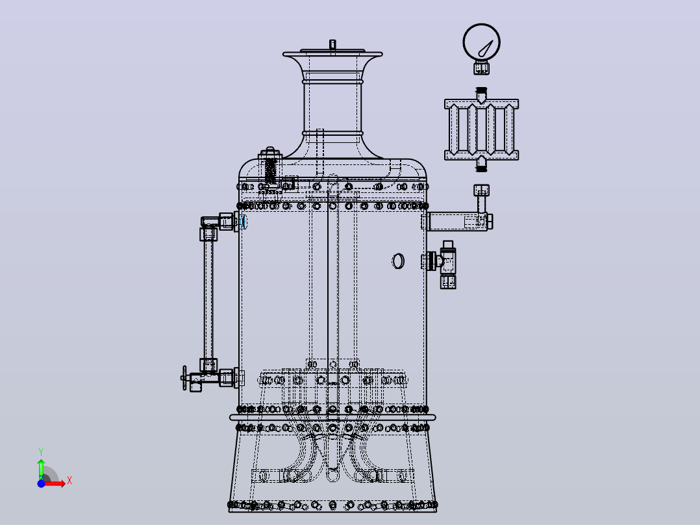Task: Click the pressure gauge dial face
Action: (x=481, y=42)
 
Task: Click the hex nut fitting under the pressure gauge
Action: (x=481, y=68)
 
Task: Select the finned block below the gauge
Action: (x=481, y=129)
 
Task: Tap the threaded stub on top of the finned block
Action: (x=481, y=95)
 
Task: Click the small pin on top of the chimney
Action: (x=332, y=44)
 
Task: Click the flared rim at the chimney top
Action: (x=332, y=55)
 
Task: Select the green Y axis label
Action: (x=41, y=452)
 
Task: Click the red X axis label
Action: (x=69, y=481)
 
